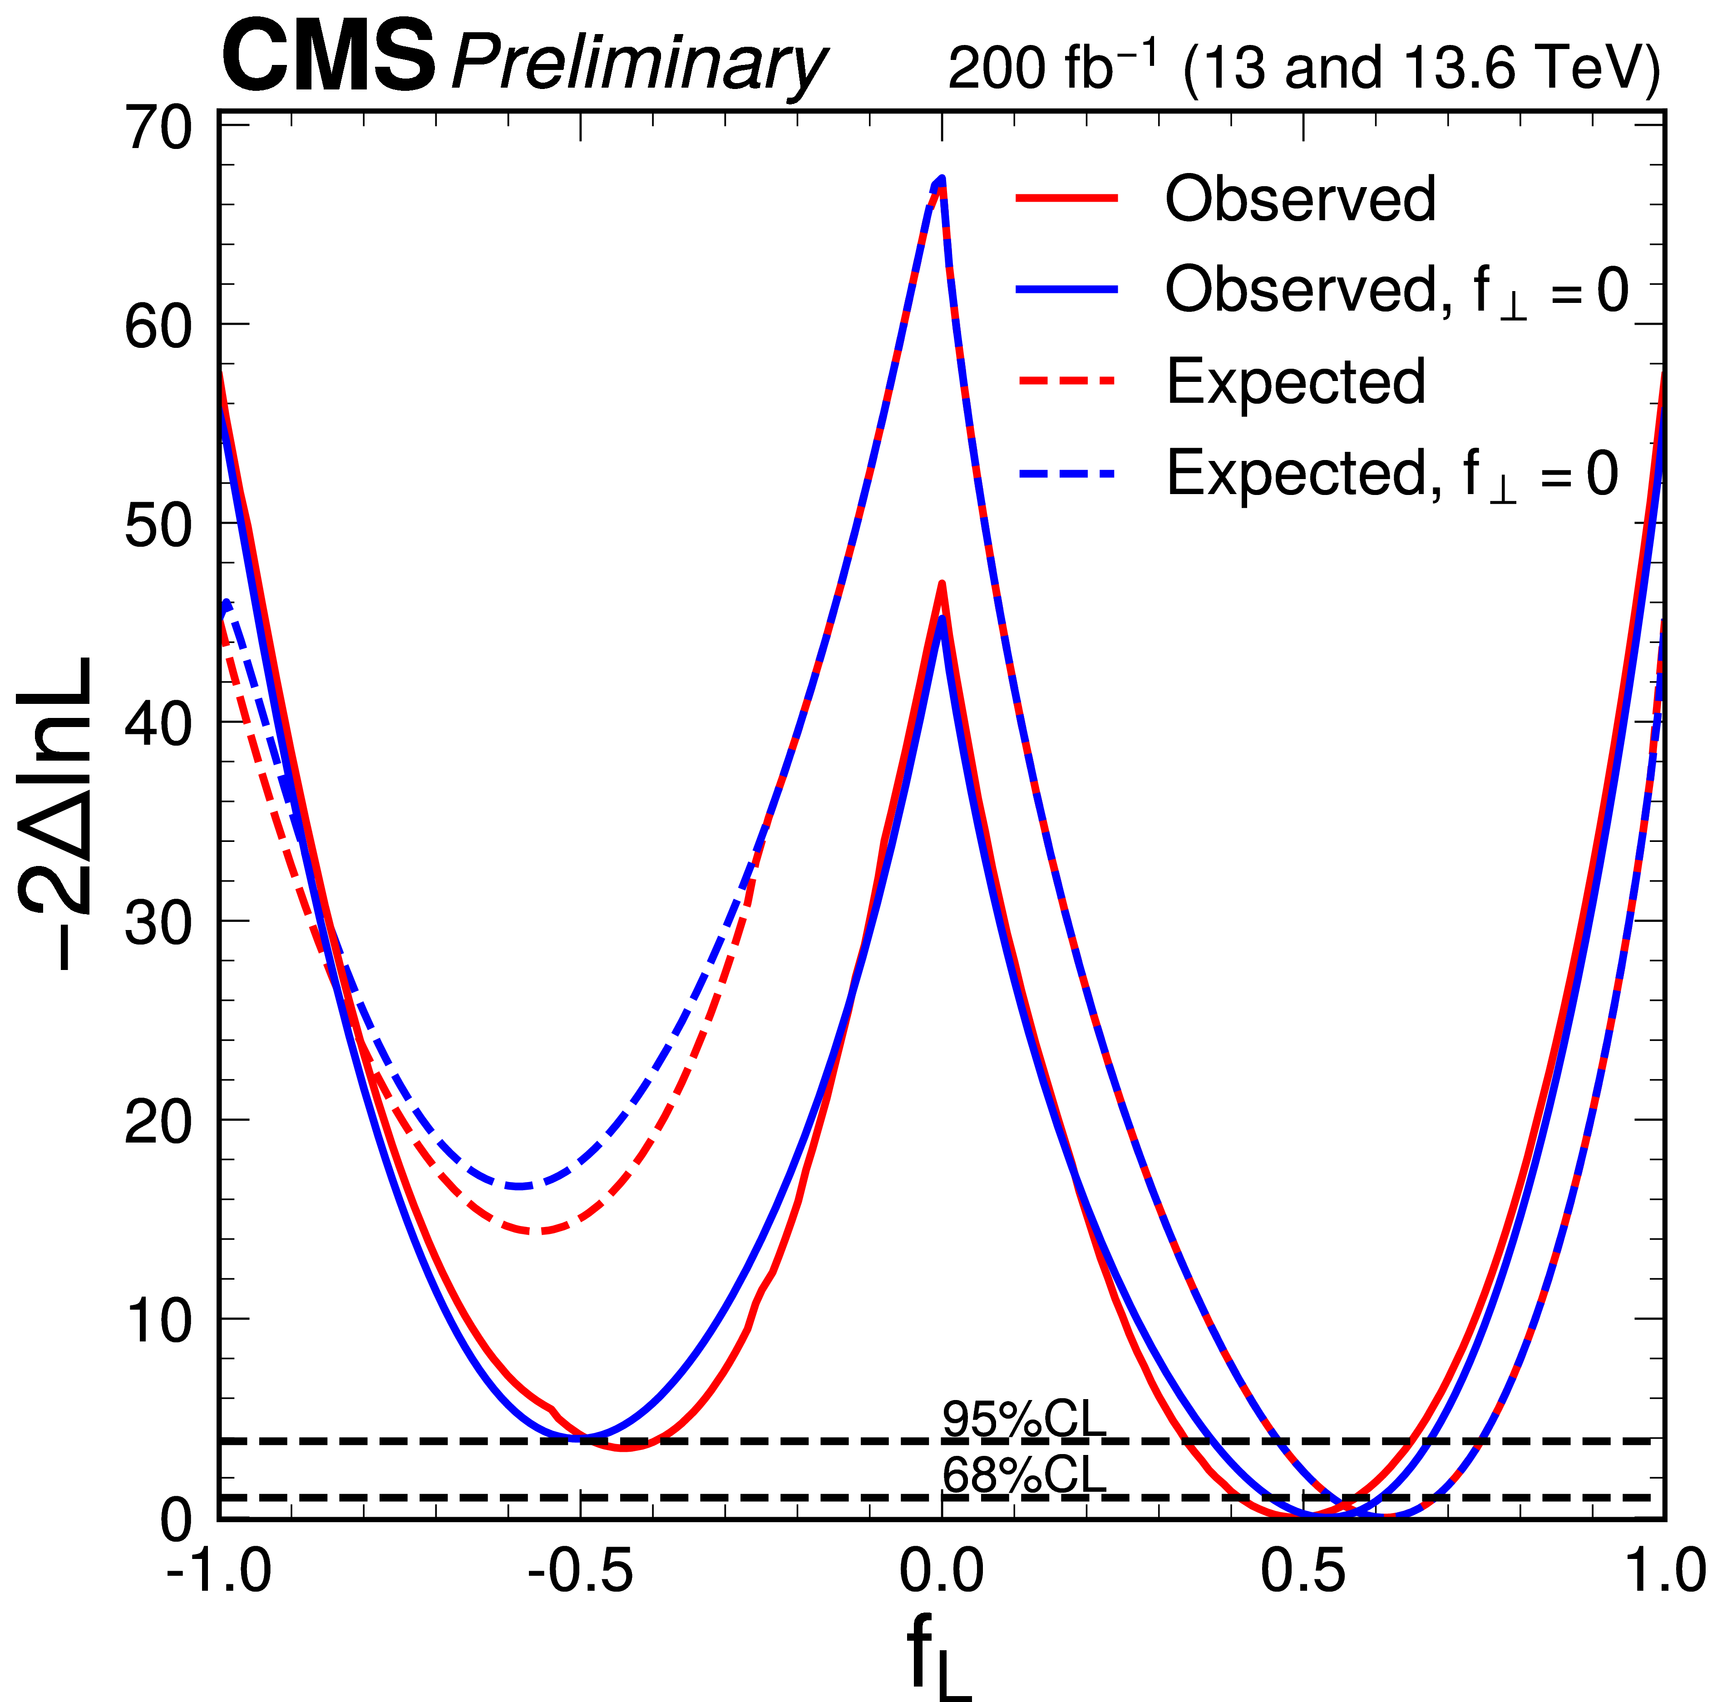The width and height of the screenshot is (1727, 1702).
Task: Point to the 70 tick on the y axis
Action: point(159,128)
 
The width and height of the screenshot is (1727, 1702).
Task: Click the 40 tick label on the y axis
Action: point(159,723)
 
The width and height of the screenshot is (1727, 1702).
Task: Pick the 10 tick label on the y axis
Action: point(159,1320)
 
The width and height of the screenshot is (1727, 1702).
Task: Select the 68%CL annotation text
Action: point(1023,1476)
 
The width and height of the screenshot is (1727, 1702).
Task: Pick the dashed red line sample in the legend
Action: point(1066,381)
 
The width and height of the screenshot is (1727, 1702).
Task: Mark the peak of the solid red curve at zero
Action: point(941,584)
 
